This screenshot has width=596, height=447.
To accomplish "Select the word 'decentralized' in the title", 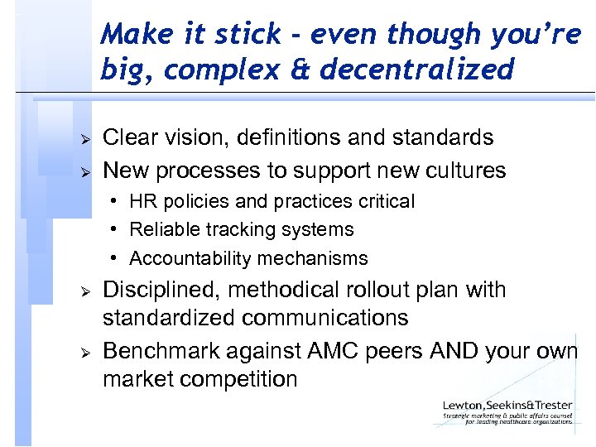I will pos(417,70).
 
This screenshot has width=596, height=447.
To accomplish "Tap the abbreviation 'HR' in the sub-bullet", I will pos(142,201).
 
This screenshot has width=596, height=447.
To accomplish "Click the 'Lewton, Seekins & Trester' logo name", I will pos(507,406).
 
